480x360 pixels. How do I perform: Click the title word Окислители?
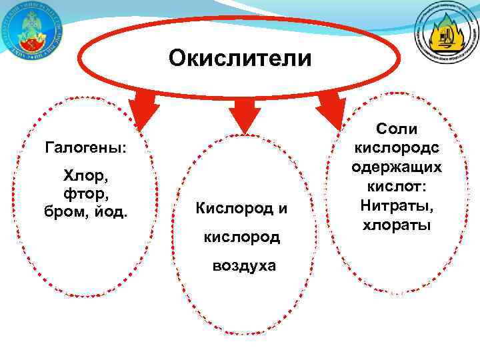tap(240, 59)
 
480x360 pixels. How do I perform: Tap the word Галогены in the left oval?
tap(85, 147)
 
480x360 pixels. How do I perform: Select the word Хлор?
tap(83, 177)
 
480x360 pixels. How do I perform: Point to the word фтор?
tap(84, 194)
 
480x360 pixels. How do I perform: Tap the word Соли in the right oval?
tap(397, 129)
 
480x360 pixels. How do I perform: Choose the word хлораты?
tap(397, 225)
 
